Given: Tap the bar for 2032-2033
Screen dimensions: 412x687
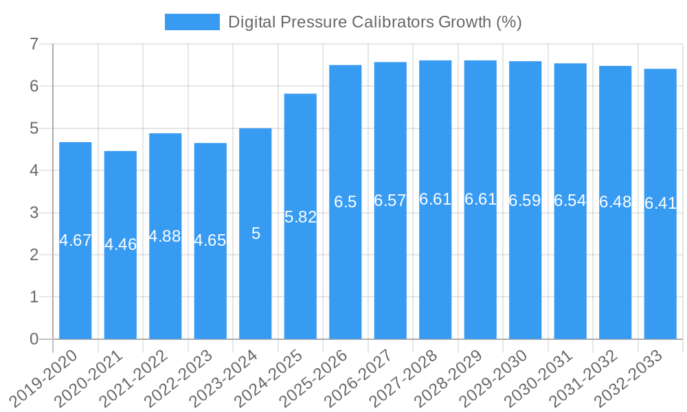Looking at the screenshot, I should tap(660, 275).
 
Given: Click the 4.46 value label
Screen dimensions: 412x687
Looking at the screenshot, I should tap(120, 244).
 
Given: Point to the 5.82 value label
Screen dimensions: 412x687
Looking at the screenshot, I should tap(300, 217).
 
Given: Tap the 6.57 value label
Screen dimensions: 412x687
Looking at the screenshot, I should tap(390, 201).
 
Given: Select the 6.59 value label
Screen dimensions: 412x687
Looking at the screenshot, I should tap(525, 201).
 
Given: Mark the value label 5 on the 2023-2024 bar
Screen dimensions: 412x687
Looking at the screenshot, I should tap(256, 233).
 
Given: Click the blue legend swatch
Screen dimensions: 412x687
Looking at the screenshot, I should tap(192, 22).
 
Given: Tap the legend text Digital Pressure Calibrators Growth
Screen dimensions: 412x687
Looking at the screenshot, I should tap(374, 22).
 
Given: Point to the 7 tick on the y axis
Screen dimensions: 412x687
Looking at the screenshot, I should tap(34, 45).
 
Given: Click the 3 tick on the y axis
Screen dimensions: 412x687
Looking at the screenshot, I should tap(34, 213).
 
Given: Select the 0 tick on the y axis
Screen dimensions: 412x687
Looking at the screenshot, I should tap(34, 339).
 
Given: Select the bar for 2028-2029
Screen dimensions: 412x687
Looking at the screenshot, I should tap(480, 275).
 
